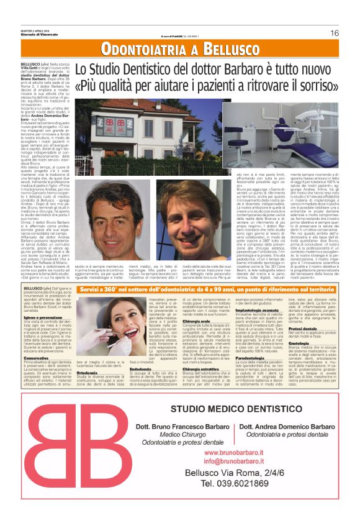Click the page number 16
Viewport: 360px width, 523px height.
click(x=335, y=33)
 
